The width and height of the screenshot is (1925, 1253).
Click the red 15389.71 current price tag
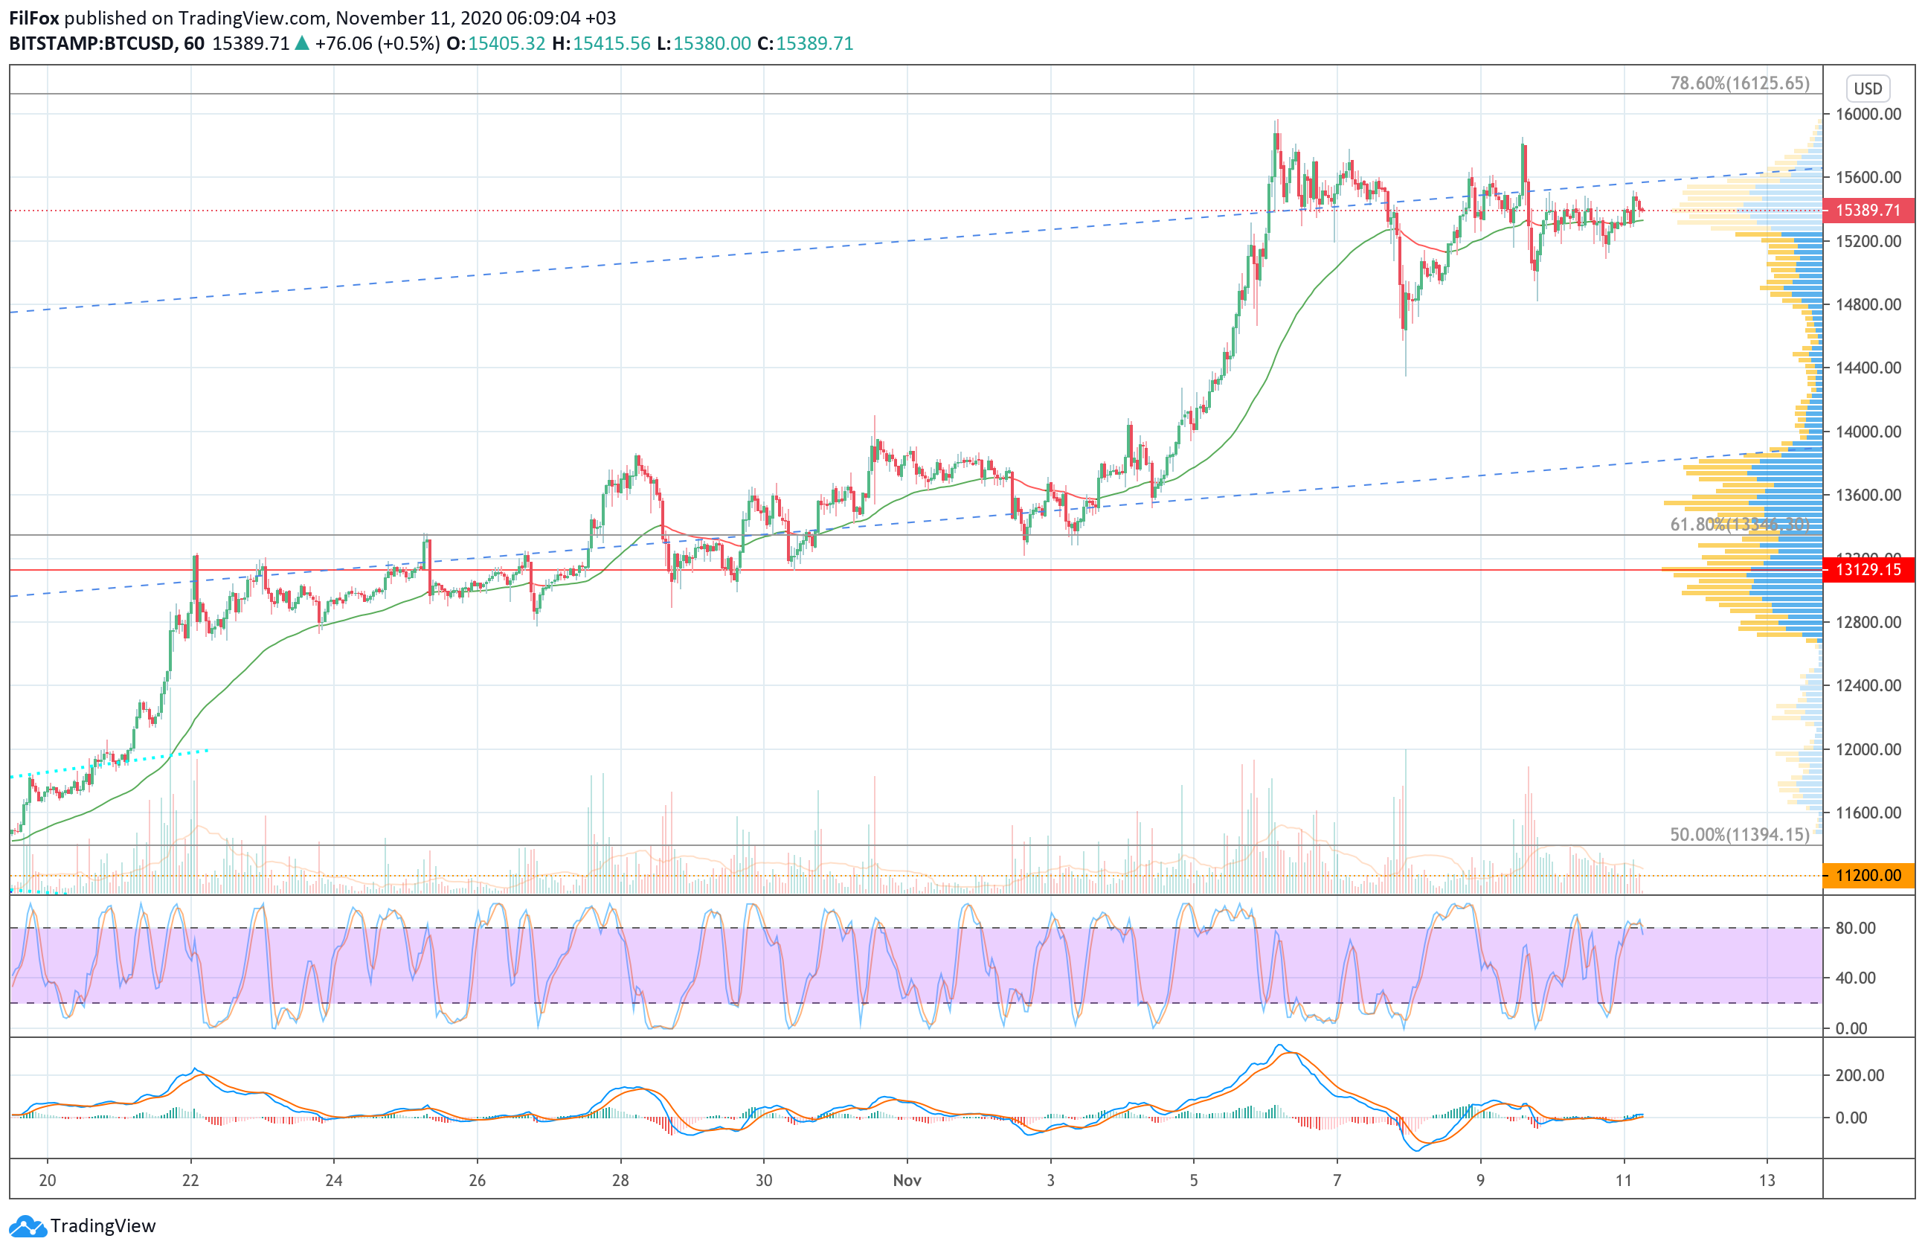tap(1868, 211)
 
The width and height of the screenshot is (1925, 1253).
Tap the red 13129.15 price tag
tap(1868, 569)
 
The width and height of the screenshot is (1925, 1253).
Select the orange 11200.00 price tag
tap(1868, 875)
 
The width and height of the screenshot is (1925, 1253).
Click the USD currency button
tap(1868, 88)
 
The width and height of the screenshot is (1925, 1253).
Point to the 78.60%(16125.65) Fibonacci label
tap(1740, 83)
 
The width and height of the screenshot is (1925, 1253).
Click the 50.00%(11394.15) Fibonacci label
tap(1740, 834)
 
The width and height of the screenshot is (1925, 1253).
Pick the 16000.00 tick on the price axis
tap(1868, 114)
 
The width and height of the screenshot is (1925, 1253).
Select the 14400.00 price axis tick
tap(1868, 368)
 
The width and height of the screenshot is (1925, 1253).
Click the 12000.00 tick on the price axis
tap(1868, 749)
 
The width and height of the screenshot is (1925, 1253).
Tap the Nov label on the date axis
tap(907, 1180)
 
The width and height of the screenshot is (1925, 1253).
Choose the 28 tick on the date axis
tap(620, 1180)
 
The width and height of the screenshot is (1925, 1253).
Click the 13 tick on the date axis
tap(1767, 1180)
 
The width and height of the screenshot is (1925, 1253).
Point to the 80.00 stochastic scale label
tap(1855, 928)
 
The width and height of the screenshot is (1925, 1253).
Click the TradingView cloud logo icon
tap(28, 1226)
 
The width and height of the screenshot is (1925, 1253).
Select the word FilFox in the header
tap(34, 18)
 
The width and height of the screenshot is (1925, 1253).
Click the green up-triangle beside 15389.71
tap(302, 44)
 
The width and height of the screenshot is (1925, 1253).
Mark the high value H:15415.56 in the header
tap(601, 44)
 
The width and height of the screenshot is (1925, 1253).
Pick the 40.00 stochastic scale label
tap(1855, 978)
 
